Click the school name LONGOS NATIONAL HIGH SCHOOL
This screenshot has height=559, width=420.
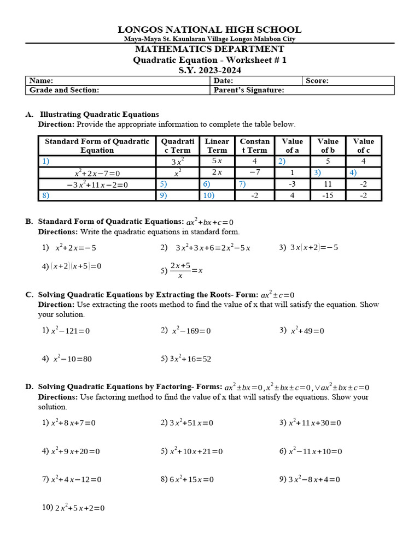pos(210,29)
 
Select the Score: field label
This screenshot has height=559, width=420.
pos(317,81)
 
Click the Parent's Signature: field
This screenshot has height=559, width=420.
pos(249,90)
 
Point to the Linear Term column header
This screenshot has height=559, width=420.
pos(217,146)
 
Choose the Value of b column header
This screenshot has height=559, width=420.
pos(328,146)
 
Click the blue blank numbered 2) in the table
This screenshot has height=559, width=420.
pos(282,161)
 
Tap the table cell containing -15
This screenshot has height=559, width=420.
pos(328,195)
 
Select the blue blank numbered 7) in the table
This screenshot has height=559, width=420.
pos(242,185)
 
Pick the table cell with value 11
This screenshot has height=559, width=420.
pos(328,185)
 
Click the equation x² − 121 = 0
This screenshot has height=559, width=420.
pos(70,331)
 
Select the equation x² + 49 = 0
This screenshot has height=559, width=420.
pos(307,331)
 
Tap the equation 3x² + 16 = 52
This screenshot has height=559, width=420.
pos(190,359)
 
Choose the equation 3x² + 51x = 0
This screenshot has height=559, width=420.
pos(191,423)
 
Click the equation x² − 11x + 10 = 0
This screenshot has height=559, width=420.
pos(315,451)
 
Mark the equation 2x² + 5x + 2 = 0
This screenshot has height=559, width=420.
pos(79,508)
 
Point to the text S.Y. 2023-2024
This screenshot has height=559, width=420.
pos(210,70)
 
